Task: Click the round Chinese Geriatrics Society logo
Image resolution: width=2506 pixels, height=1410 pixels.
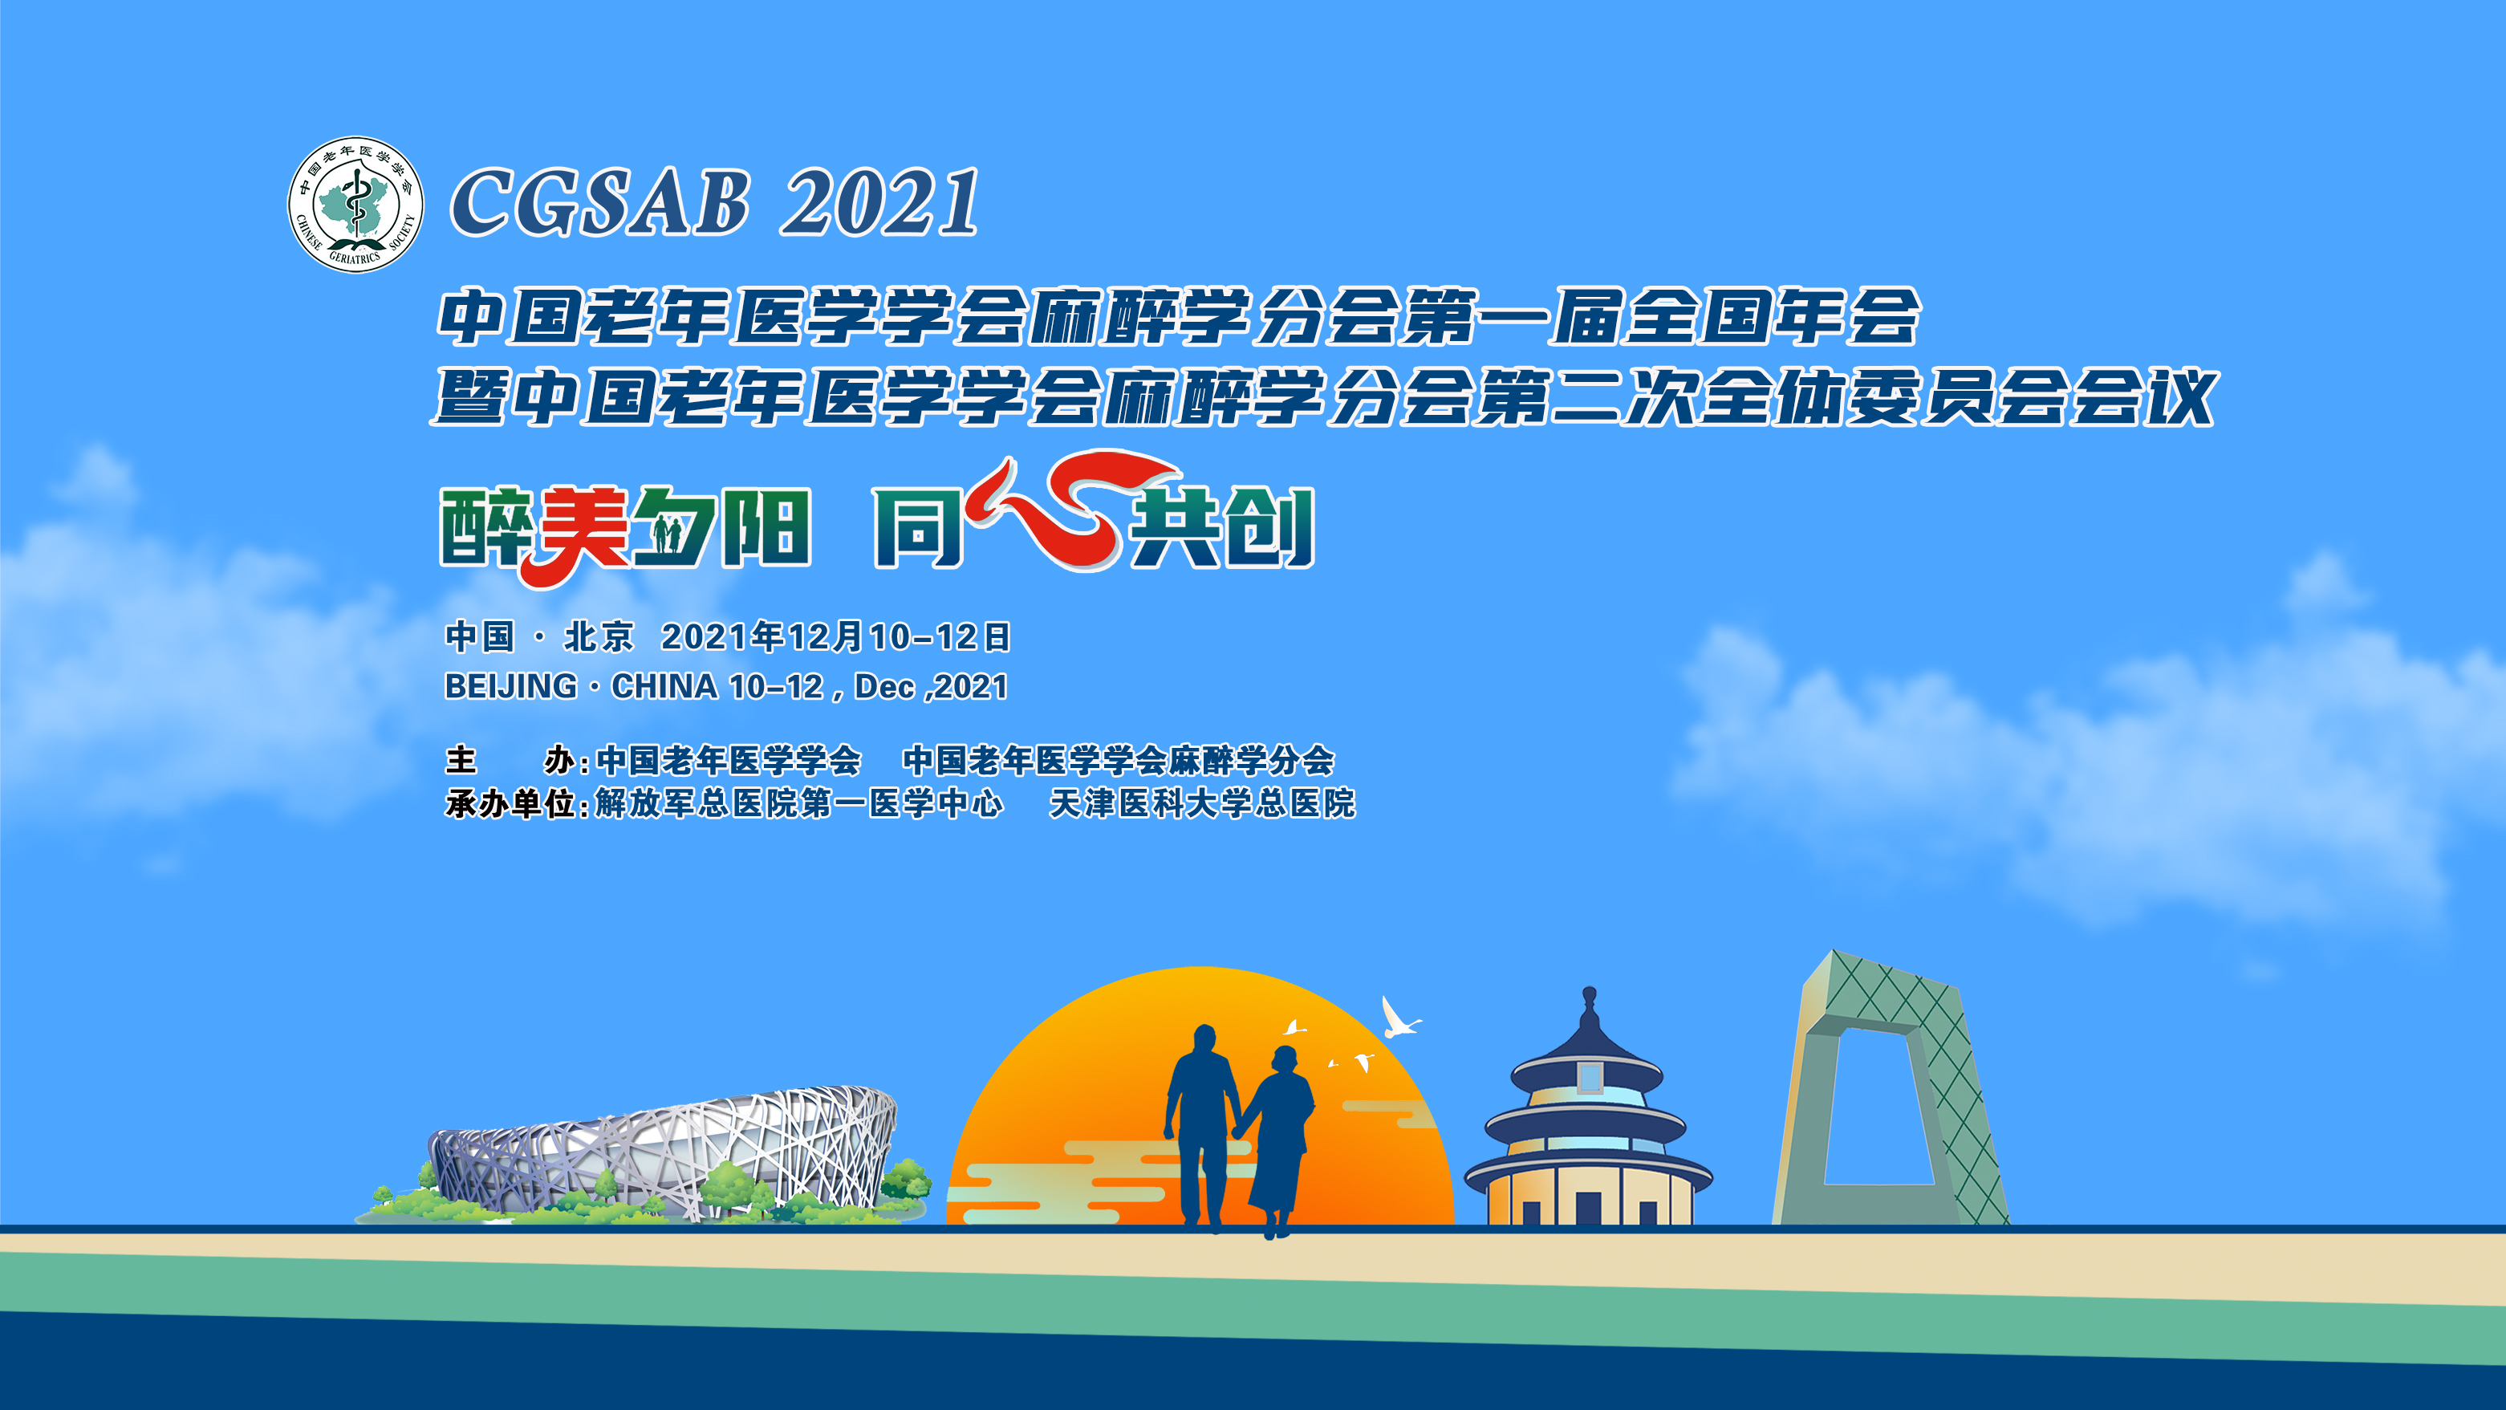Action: click(356, 205)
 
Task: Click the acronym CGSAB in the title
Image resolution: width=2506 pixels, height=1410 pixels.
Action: click(599, 201)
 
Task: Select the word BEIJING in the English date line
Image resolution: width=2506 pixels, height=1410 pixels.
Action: click(510, 686)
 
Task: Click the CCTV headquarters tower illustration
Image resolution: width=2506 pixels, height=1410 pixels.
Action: click(1891, 1088)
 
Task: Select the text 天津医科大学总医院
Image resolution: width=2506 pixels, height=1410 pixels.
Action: click(1202, 804)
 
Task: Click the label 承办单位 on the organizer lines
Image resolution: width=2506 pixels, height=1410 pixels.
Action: click(510, 804)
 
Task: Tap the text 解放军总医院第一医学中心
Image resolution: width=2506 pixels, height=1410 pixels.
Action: click(798, 804)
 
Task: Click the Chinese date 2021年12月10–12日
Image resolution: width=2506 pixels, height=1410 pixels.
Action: click(835, 636)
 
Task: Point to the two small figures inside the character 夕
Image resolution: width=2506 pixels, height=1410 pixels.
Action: click(666, 534)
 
